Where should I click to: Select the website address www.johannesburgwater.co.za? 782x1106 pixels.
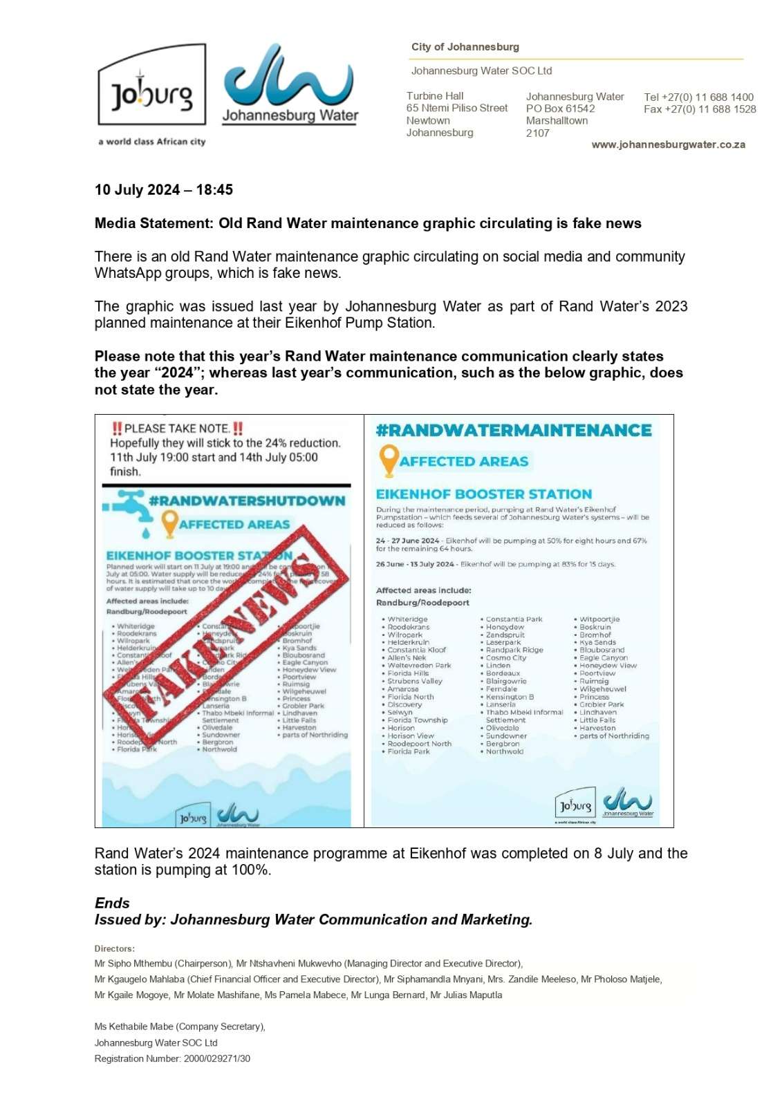[668, 144]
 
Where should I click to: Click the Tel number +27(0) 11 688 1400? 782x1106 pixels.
[698, 97]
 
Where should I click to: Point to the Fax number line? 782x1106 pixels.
[699, 109]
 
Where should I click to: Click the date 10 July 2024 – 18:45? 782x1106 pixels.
[164, 190]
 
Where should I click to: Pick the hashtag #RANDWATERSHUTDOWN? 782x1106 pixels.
[247, 500]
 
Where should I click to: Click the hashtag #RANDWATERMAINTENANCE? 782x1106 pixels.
[513, 430]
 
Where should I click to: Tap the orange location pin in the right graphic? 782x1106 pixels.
[389, 460]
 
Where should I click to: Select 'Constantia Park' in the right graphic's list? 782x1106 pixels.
[514, 619]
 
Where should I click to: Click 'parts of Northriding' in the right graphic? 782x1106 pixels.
[614, 736]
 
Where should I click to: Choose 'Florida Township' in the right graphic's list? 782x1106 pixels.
[417, 720]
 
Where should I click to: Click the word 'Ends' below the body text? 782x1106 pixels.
[112, 903]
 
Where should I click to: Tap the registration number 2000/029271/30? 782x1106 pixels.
[217, 1058]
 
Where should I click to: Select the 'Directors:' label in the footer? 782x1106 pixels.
[115, 948]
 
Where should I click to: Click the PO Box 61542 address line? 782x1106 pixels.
[560, 109]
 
